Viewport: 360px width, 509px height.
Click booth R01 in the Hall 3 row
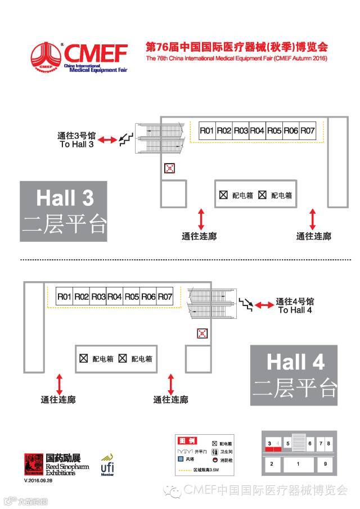point(206,130)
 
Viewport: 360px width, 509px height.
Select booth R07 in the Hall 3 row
point(308,130)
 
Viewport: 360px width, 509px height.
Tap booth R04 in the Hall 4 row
point(115,296)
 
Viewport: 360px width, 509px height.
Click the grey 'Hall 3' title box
point(64,211)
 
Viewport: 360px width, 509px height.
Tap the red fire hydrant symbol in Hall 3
point(169,168)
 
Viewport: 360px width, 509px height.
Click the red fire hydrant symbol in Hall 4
point(202,334)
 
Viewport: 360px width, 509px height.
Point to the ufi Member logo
point(108,465)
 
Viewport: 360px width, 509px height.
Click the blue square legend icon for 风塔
point(181,459)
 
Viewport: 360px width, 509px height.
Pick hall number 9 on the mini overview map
point(325,464)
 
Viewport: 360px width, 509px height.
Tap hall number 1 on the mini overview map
point(298,464)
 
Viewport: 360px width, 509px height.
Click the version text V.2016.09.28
point(38,481)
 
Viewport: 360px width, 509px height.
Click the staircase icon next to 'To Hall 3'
point(125,139)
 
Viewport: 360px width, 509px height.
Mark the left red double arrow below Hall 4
point(58,384)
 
